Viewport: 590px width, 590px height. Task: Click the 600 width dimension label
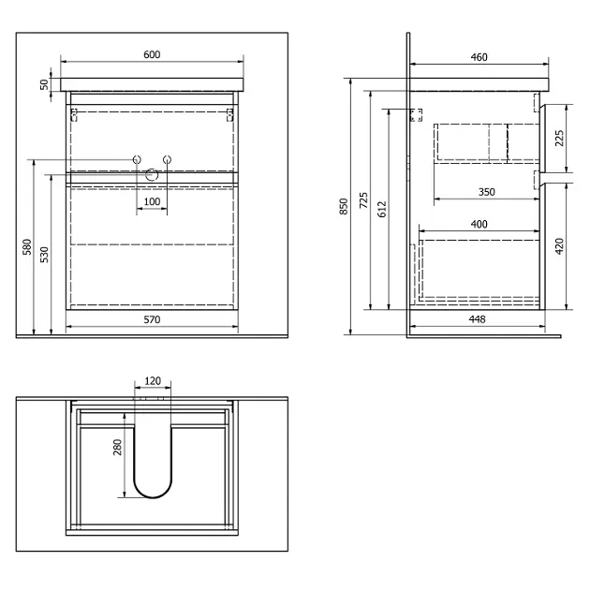coord(152,54)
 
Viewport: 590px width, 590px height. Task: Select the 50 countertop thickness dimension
coord(44,84)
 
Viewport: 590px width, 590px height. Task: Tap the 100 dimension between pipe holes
coord(152,201)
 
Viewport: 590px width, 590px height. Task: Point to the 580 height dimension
coord(27,247)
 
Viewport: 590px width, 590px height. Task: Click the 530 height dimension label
coord(44,255)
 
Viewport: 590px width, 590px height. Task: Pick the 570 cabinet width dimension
coord(152,319)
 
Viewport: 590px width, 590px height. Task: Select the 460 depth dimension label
coord(479,57)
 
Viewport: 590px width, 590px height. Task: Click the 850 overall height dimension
coord(344,207)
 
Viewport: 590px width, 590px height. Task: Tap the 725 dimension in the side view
coord(363,200)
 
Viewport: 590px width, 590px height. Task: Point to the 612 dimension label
coord(382,209)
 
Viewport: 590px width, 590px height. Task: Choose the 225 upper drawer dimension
coord(559,138)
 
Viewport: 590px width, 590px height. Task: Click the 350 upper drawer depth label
coord(487,192)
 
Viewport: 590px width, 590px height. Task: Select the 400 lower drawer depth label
coord(479,224)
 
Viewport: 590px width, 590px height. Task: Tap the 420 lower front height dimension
coord(559,246)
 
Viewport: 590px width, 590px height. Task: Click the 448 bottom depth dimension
coord(477,319)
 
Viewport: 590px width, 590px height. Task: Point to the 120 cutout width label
coord(153,381)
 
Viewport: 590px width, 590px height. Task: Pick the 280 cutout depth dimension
coord(118,447)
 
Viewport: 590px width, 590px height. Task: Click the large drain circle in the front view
coord(152,174)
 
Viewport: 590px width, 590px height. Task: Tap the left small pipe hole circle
coord(137,159)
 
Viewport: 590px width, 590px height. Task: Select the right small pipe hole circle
coord(167,159)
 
